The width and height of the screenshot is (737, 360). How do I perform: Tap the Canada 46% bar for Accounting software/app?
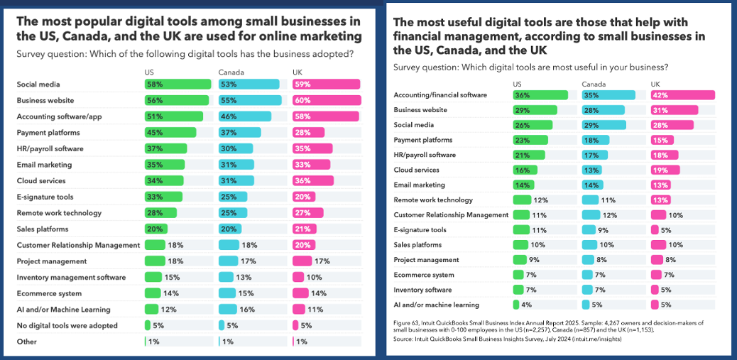point(244,116)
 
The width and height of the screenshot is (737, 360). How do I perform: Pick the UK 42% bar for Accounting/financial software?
point(682,95)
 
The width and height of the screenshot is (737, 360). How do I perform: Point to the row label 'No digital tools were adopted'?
point(67,326)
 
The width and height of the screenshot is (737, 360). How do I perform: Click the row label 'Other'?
point(27,342)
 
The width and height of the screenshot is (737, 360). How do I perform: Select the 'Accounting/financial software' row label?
point(440,95)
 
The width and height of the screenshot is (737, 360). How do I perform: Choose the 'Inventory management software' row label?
point(72,278)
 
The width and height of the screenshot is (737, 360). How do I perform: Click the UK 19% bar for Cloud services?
point(665,170)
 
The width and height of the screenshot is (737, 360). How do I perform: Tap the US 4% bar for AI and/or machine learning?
point(516,305)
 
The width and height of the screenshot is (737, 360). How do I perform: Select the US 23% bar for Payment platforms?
point(530,140)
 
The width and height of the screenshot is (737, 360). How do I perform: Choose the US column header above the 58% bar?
point(149,72)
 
